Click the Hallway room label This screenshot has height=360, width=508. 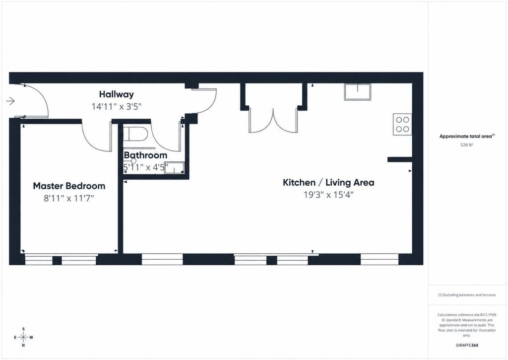(x=116, y=94)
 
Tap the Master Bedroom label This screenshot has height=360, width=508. (x=69, y=186)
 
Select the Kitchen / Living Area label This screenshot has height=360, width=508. (x=328, y=183)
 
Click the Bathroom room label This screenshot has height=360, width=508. (x=145, y=155)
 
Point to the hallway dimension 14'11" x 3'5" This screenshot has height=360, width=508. (x=117, y=106)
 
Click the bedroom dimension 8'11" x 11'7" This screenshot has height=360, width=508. (x=69, y=198)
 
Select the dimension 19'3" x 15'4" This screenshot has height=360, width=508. (x=328, y=195)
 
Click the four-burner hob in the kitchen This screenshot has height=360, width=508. (x=402, y=124)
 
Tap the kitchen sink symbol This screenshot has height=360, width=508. (x=358, y=92)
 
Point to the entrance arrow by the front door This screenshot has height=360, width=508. (x=10, y=101)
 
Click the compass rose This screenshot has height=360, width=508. (x=24, y=337)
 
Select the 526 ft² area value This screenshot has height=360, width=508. (x=466, y=145)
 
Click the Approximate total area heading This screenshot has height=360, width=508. (x=467, y=136)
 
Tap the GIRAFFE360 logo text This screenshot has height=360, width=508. (x=467, y=345)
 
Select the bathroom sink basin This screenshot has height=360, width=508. (x=174, y=168)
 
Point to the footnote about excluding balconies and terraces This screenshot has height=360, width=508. (x=467, y=295)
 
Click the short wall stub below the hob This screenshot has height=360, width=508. (x=400, y=159)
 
